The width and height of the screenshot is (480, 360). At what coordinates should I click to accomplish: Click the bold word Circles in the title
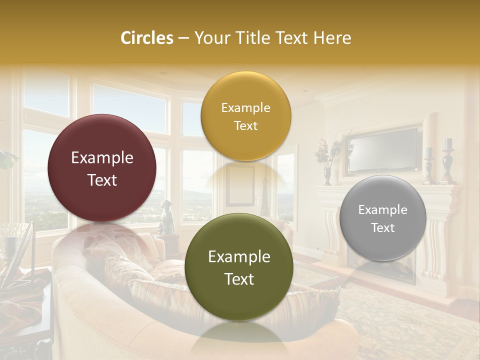pyautogui.click(x=146, y=38)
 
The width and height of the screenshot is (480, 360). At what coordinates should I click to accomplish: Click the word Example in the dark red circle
pyautogui.click(x=102, y=158)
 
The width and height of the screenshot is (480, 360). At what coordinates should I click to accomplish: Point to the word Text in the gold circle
pyautogui.click(x=245, y=125)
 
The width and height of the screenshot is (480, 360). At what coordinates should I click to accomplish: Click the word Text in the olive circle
pyautogui.click(x=239, y=279)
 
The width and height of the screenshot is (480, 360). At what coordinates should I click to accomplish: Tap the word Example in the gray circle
pyautogui.click(x=382, y=210)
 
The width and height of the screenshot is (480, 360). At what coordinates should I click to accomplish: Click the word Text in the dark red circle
pyautogui.click(x=102, y=180)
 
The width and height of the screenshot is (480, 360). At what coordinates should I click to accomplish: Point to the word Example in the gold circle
pyautogui.click(x=245, y=108)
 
